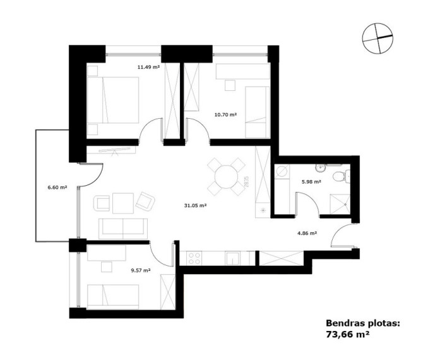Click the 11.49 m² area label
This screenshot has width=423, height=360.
click(148, 67)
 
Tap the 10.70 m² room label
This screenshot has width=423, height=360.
click(225, 114)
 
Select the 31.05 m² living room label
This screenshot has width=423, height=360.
click(195, 205)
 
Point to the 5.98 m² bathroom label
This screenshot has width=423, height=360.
click(311, 182)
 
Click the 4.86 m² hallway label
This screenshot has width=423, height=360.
click(307, 233)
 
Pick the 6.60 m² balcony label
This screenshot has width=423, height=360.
click(57, 187)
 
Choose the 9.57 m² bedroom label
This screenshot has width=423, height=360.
click(141, 270)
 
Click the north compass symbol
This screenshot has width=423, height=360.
click(378, 38)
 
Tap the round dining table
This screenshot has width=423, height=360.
click(226, 177)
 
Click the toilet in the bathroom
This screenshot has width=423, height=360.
click(342, 176)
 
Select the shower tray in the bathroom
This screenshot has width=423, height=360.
click(340, 204)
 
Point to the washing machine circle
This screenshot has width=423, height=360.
click(282, 171)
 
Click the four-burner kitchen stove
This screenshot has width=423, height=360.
click(194, 258)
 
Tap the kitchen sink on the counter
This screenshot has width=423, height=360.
click(232, 258)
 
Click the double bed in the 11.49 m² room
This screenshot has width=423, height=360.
click(113, 100)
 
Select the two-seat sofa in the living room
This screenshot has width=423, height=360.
click(123, 229)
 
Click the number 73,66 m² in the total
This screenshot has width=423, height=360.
click(348, 334)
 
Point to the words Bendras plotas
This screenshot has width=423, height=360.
click(362, 323)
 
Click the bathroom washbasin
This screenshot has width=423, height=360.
click(320, 167)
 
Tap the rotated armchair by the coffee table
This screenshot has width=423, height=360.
click(145, 201)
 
